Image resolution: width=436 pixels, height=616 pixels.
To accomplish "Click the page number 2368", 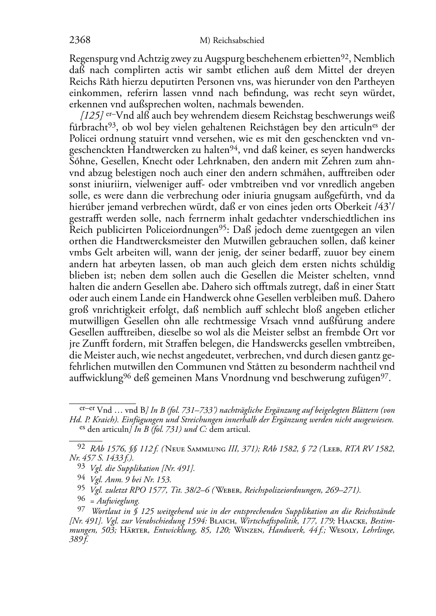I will click(79, 40).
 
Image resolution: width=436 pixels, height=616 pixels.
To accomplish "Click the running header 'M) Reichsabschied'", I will click(232, 41).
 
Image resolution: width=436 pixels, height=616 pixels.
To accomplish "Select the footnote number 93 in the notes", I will click(81, 467).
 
